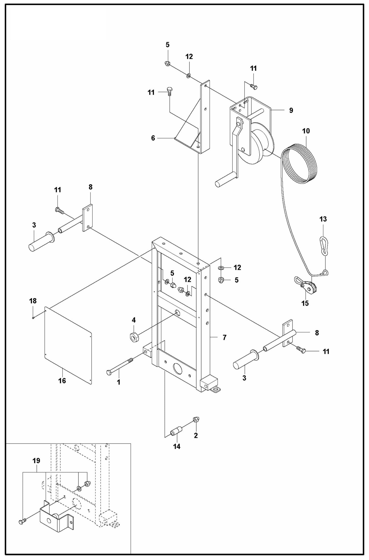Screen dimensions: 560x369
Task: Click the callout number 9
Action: click(291, 110)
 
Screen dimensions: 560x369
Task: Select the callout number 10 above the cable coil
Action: click(306, 131)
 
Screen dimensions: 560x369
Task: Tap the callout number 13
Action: click(323, 219)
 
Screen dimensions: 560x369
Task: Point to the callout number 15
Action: click(305, 303)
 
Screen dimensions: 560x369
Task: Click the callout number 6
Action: click(153, 138)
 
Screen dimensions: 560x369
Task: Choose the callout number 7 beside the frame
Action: click(224, 337)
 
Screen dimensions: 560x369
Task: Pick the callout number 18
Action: click(33, 301)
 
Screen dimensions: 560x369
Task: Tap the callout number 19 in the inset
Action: click(36, 461)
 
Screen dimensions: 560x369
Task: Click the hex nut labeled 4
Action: click(134, 337)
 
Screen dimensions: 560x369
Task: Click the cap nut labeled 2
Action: click(196, 419)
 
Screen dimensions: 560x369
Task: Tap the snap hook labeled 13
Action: click(324, 246)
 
